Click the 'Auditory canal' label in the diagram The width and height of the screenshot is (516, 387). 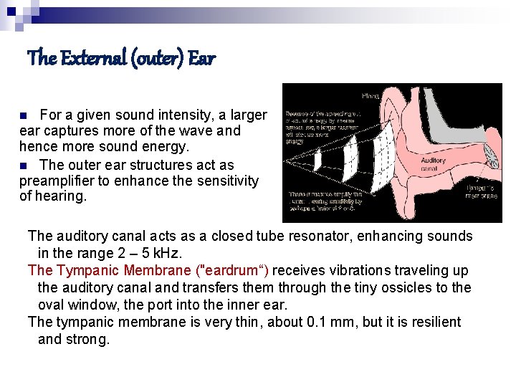click(433, 164)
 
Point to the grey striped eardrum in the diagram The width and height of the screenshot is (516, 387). click(488, 154)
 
